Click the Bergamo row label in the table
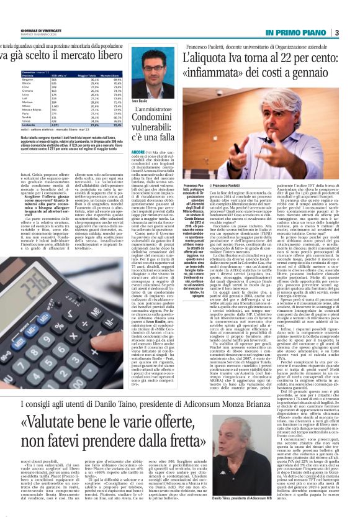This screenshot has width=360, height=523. pos(10,80)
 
